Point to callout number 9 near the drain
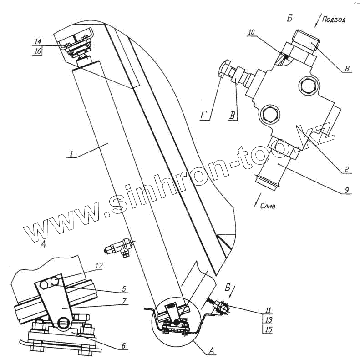click(x=347, y=191)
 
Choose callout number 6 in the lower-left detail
click(x=123, y=346)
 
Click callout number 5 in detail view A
click(x=124, y=288)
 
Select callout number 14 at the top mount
click(x=38, y=41)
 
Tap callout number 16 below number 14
click(x=38, y=51)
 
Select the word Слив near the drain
click(x=270, y=206)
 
